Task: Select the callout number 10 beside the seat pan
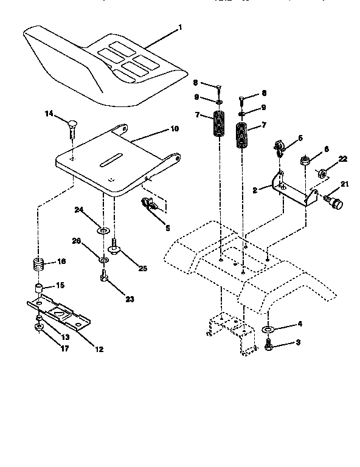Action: (174, 128)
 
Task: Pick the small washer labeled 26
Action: (105, 260)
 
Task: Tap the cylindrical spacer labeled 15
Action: (38, 286)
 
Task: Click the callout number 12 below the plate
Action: (99, 349)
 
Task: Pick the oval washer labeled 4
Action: (268, 330)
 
